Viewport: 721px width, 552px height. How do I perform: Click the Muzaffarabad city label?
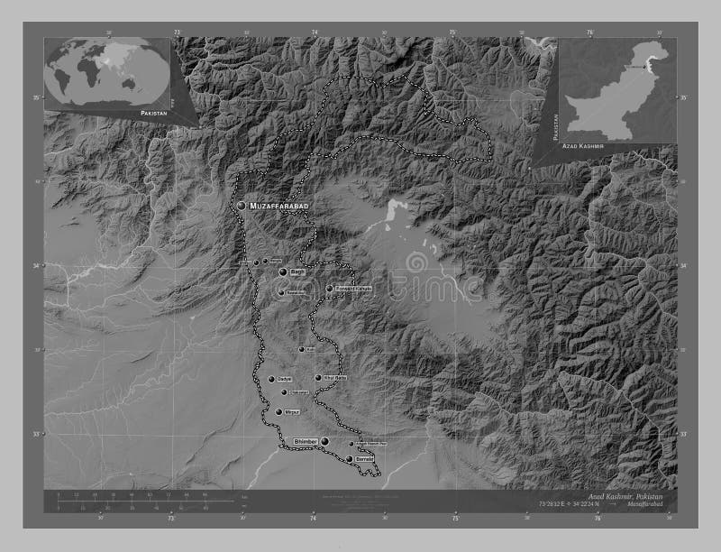[279, 207]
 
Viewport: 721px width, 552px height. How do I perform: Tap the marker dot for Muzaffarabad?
[242, 206]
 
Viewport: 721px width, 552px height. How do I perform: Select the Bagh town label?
[299, 271]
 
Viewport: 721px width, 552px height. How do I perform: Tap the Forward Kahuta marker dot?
[329, 290]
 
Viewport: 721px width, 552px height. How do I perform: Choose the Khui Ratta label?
[335, 378]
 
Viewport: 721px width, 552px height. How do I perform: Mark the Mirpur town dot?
[279, 412]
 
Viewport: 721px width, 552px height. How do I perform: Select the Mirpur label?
[292, 412]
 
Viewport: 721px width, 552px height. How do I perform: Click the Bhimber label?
[306, 440]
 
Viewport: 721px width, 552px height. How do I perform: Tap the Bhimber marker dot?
[325, 441]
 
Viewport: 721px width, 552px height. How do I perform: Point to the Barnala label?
[364, 459]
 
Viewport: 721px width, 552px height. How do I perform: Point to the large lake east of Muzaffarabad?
[393, 214]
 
